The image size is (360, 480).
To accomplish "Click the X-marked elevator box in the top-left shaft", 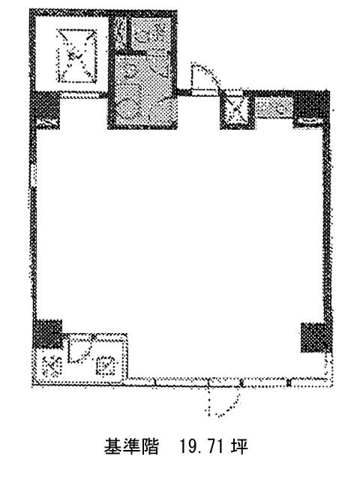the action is click(76, 55).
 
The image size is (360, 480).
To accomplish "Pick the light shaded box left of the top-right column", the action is click(274, 108).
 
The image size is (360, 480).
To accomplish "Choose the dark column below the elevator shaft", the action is click(46, 105).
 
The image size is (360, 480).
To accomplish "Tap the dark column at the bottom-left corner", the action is click(47, 334).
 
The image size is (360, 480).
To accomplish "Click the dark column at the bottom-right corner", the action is click(315, 337).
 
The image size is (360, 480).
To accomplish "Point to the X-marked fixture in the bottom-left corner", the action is click(52, 366).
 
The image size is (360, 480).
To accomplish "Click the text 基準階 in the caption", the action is click(131, 447).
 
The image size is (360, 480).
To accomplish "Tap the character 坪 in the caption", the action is click(239, 447).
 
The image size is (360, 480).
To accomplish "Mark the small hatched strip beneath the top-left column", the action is click(47, 124).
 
